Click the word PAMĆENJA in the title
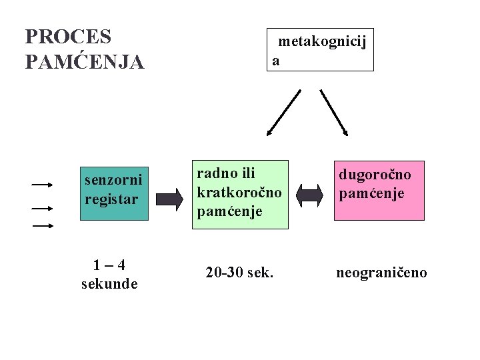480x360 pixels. pyautogui.click(x=84, y=62)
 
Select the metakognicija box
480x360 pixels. pyautogui.click(x=320, y=50)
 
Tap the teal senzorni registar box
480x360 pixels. pyautogui.click(x=114, y=193)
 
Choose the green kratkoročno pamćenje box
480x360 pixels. pyautogui.click(x=240, y=194)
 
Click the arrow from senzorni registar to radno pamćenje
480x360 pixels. pyautogui.click(x=169, y=198)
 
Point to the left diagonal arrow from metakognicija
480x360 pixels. pyautogui.click(x=284, y=112)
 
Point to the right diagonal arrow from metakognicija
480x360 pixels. pyautogui.click(x=333, y=112)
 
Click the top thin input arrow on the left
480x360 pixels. pyautogui.click(x=43, y=183)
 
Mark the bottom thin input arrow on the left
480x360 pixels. pyautogui.click(x=43, y=226)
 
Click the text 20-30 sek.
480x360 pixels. pyautogui.click(x=240, y=273)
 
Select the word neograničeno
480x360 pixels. pyautogui.click(x=381, y=273)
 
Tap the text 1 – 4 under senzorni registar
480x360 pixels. pyautogui.click(x=109, y=265)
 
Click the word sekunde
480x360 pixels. pyautogui.click(x=109, y=284)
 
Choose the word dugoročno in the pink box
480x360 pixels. pyautogui.click(x=375, y=175)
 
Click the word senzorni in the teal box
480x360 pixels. pyautogui.click(x=113, y=181)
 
